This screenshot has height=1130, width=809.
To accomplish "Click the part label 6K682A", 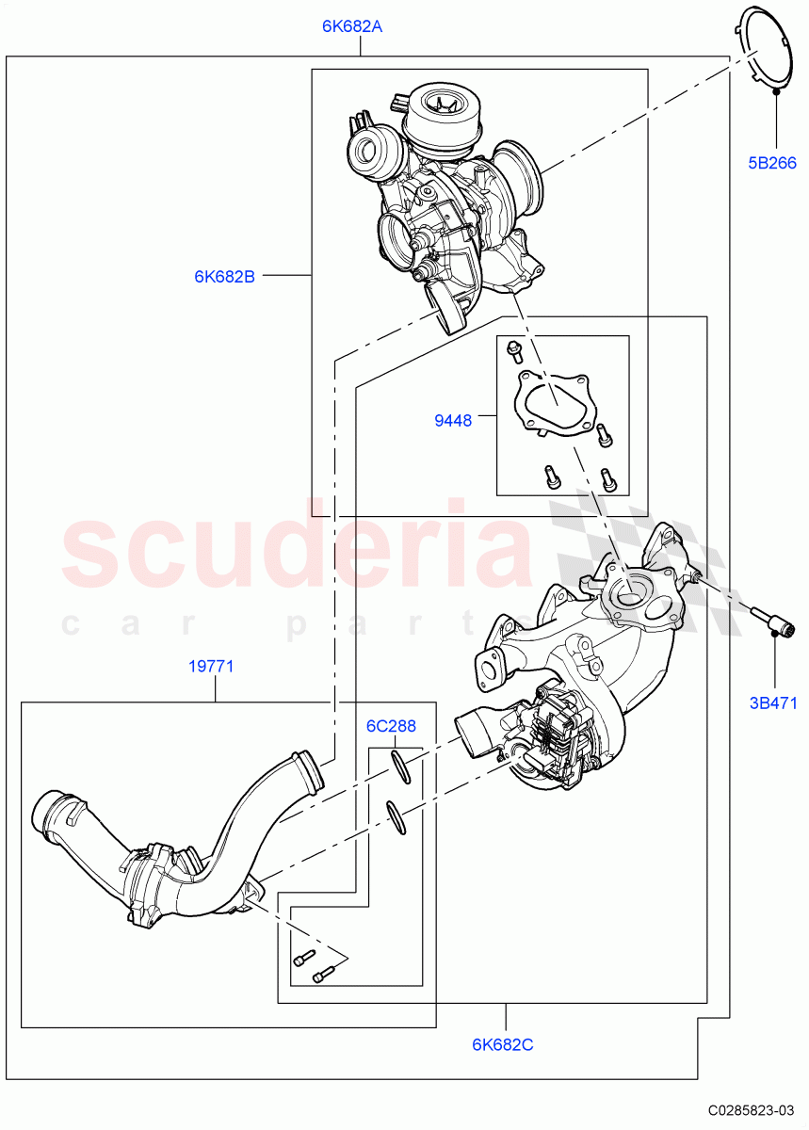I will [x=352, y=26].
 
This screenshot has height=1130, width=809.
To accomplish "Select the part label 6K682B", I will [x=224, y=276].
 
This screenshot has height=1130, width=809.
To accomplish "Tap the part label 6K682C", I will [x=503, y=1043].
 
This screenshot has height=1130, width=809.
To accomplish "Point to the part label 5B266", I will [x=772, y=163].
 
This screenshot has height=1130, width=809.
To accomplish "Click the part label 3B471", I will [x=772, y=703].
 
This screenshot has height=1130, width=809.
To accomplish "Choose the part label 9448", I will [x=453, y=421].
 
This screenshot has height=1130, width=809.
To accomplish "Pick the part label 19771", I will [x=211, y=667].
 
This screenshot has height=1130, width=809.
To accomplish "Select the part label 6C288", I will [x=391, y=726].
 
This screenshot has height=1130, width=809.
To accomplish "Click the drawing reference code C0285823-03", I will [x=752, y=1109].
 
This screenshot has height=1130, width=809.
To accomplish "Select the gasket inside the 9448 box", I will [x=551, y=405].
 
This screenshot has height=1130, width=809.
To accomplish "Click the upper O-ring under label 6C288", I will [x=399, y=767].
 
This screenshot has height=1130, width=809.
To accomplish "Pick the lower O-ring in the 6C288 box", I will [x=396, y=817].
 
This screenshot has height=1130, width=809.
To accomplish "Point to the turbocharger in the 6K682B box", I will [x=443, y=198].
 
